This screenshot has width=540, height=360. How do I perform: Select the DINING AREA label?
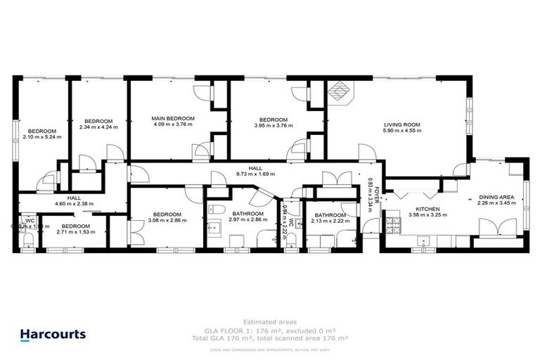[496, 198]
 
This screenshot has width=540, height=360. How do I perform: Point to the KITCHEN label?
[427, 210]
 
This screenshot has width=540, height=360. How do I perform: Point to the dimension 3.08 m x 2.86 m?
[167, 220]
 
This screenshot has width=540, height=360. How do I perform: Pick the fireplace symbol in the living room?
[340, 91]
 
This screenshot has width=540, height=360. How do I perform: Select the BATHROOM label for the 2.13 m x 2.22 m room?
[330, 215]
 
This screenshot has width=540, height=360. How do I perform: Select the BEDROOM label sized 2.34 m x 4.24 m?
[94, 120]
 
